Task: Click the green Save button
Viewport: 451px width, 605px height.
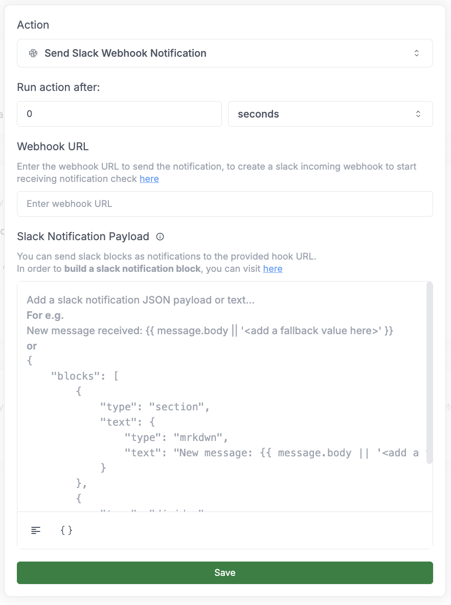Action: (225, 573)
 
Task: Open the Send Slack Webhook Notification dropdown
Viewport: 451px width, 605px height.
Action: (225, 53)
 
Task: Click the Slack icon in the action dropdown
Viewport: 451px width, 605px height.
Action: (33, 53)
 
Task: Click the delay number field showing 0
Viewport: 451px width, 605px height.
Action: (119, 114)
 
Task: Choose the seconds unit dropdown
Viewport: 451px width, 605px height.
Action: (330, 114)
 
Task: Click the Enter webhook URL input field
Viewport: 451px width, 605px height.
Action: (225, 204)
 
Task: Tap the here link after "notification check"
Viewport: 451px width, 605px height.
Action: (149, 179)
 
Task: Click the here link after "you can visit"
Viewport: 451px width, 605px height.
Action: (273, 269)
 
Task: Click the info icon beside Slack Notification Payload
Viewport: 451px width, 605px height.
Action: (160, 237)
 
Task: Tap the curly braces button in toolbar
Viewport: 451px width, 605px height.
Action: (66, 530)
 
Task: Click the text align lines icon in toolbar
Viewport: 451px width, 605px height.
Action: (36, 530)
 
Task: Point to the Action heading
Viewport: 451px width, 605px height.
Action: (33, 25)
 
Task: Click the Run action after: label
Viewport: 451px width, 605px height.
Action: (58, 87)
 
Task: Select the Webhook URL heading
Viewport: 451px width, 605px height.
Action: (53, 147)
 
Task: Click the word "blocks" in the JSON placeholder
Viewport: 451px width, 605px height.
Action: (76, 377)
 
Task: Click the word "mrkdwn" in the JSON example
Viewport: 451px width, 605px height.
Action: (200, 438)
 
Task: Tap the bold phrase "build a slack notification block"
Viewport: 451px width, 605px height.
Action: (132, 269)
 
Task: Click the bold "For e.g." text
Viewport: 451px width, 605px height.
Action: (45, 315)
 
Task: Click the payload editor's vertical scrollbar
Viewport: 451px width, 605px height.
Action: (430, 373)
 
